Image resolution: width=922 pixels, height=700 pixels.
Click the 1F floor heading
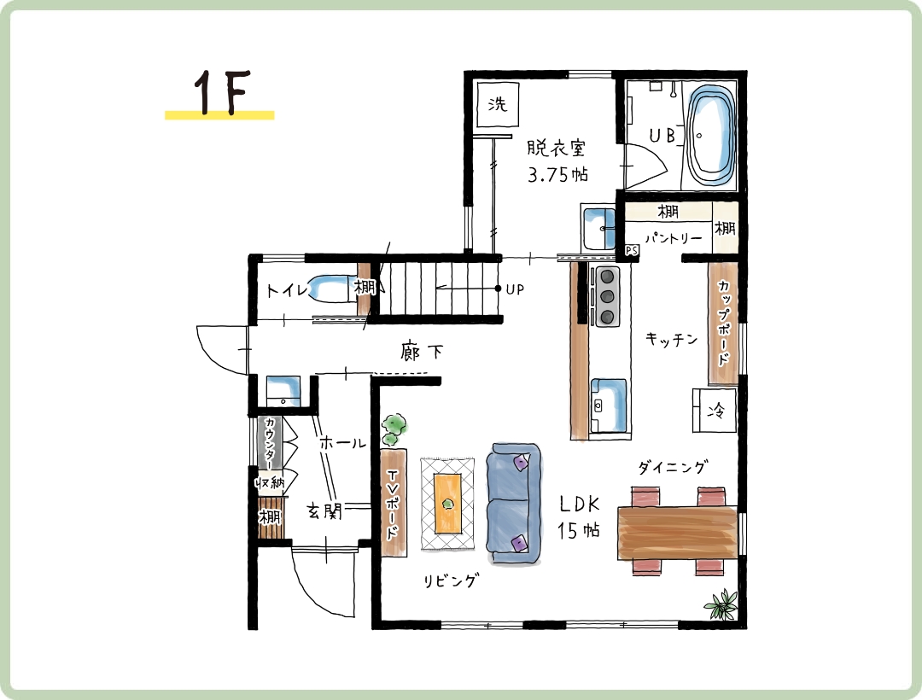222,93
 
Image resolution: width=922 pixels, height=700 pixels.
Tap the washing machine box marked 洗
498,104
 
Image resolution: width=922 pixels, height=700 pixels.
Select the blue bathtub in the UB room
711,135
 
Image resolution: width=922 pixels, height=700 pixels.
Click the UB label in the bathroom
662,135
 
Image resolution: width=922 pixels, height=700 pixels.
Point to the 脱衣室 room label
556,148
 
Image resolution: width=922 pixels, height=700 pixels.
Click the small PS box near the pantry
632,251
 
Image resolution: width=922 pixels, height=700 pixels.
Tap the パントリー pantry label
674,238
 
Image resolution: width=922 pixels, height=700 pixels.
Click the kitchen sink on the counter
610,405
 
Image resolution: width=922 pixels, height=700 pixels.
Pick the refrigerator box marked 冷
715,411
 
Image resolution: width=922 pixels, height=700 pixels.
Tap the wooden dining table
677,533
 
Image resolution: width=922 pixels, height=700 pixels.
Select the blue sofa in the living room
514,505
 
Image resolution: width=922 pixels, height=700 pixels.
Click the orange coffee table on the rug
448,504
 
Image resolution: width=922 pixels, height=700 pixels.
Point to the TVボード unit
393,503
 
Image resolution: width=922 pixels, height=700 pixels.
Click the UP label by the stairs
515,289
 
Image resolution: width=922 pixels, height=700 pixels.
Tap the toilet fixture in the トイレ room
330,289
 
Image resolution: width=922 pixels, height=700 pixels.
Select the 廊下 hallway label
422,352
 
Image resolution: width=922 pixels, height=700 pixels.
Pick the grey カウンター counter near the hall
269,443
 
